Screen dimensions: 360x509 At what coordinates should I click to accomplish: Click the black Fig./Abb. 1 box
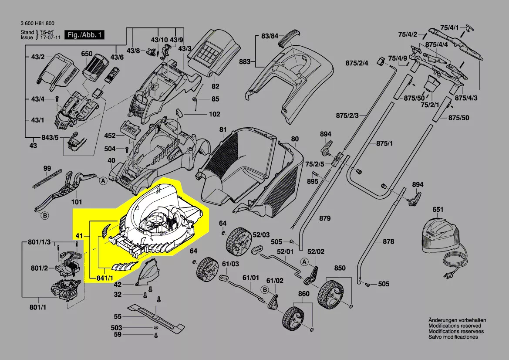point(84,34)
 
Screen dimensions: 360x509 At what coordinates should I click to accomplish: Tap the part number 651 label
point(438,210)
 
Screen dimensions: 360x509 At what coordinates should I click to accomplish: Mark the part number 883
point(245,62)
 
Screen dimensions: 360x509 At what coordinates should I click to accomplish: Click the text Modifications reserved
point(455,326)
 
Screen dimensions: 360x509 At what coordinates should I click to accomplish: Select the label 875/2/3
point(347,115)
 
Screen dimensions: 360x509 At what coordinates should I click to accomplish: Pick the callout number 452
point(110,136)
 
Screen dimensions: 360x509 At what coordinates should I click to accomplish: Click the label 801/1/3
point(39,242)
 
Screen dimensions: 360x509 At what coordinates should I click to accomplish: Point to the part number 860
point(303,294)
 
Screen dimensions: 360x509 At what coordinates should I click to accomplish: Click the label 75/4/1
point(449,28)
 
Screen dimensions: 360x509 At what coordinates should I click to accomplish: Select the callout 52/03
point(261,235)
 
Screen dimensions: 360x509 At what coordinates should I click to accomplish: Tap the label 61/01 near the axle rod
point(250,277)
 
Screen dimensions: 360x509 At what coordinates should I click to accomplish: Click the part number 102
point(214,115)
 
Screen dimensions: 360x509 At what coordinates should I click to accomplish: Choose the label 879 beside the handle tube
point(324,218)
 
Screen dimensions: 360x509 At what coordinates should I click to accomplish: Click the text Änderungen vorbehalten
point(457,320)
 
